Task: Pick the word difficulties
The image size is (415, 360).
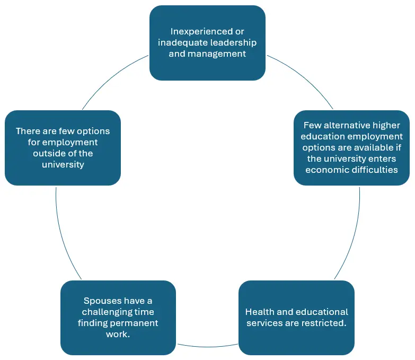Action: (x=375, y=170)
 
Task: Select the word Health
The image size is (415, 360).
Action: (x=259, y=312)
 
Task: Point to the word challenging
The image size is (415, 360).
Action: (x=110, y=312)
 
